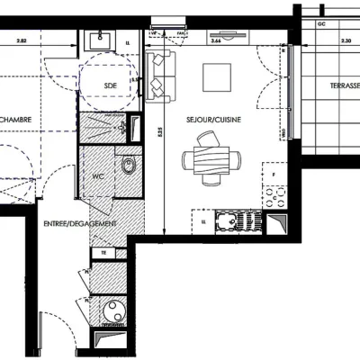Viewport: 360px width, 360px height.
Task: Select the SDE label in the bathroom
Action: pos(111,85)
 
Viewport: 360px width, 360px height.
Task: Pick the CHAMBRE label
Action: pos(15,119)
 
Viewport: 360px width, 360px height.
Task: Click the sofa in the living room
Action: pos(158,76)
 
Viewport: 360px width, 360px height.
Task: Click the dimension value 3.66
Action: pos(215,41)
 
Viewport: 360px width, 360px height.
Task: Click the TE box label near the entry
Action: pos(105,254)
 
